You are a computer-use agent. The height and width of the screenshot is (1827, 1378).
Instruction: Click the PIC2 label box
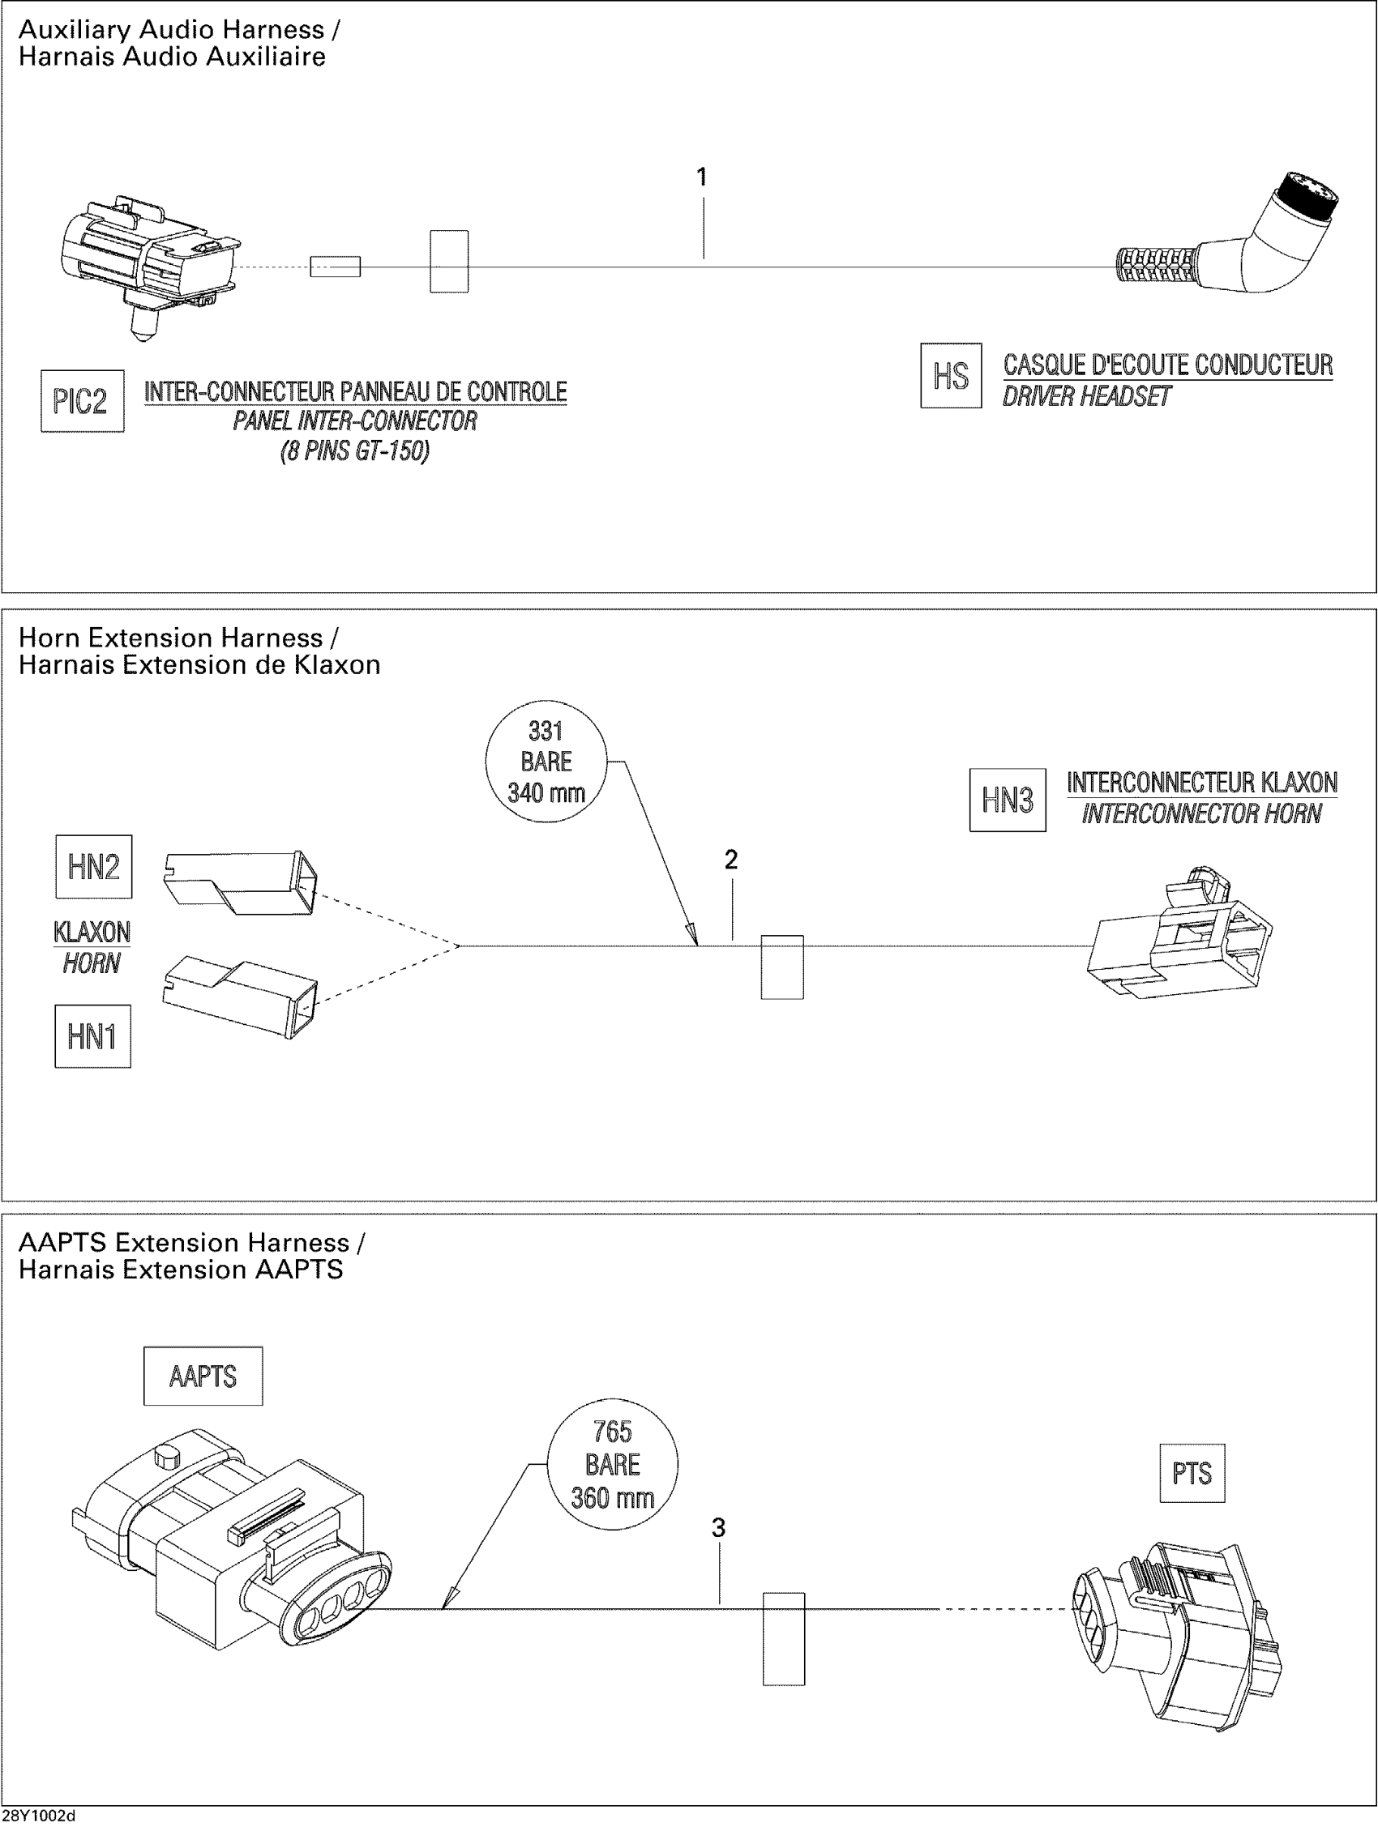83,401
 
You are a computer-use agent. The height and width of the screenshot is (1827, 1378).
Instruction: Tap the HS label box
951,376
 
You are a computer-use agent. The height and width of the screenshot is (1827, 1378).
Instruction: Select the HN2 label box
93,866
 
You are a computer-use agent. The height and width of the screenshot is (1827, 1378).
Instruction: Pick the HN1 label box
92,1036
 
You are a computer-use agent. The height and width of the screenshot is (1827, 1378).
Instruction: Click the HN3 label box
1007,800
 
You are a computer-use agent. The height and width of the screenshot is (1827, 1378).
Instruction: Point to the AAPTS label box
203,1377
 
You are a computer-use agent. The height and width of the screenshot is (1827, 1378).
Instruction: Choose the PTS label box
1192,1474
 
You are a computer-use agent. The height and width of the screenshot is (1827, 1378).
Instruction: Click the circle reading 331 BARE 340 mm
546,762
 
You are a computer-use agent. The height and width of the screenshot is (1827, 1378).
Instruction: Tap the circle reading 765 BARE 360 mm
612,1465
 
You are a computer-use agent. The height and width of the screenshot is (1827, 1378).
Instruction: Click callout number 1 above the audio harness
702,177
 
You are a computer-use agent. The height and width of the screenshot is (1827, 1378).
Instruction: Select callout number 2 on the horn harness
731,860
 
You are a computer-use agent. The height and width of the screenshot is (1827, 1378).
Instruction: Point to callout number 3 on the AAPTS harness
719,1529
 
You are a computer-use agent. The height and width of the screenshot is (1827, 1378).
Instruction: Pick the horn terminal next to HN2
241,883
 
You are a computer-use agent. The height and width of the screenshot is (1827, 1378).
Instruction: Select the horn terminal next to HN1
241,997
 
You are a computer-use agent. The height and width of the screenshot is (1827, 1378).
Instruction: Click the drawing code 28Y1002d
39,1818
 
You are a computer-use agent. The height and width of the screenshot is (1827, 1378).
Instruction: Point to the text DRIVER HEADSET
1086,397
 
